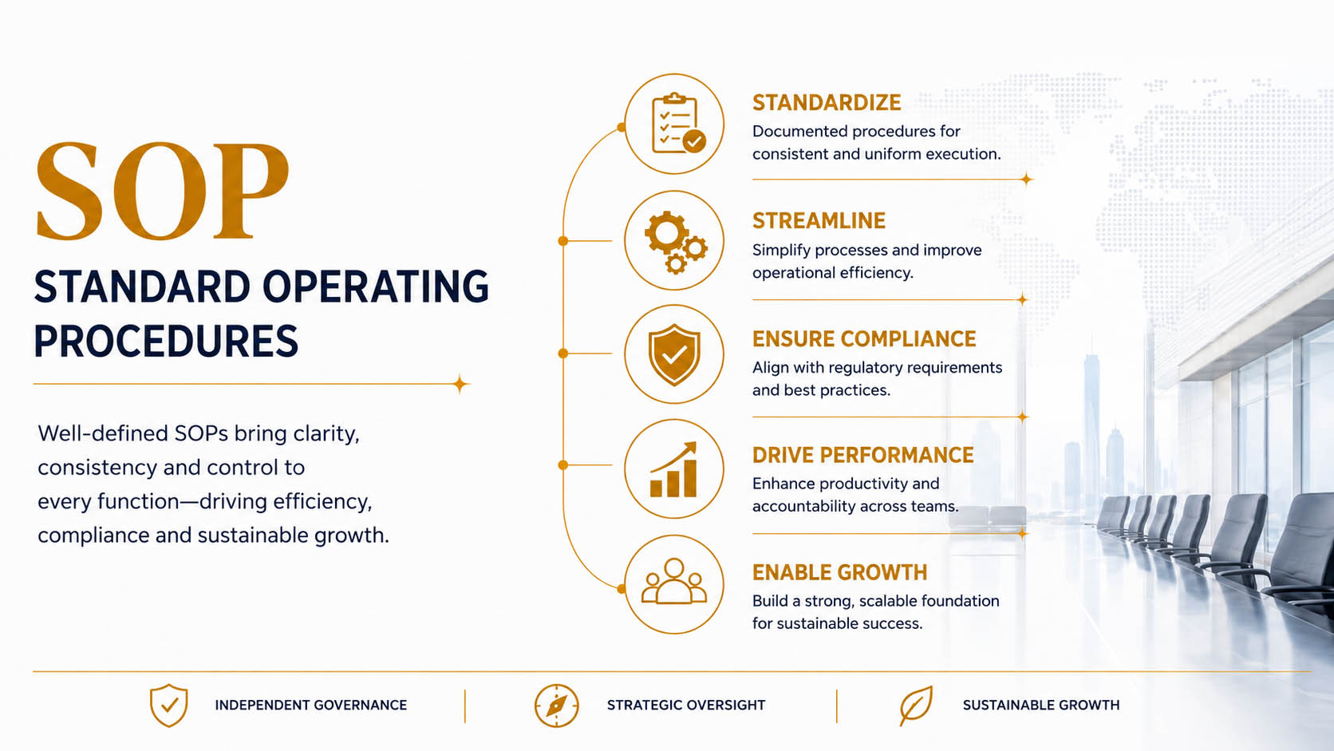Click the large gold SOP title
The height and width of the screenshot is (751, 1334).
pos(162,192)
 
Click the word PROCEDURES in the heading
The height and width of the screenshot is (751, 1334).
pos(166,342)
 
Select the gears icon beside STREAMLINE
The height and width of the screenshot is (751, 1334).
pos(675,242)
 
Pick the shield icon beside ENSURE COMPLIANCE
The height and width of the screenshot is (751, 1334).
pos(674,355)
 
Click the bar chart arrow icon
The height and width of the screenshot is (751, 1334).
pos(673,469)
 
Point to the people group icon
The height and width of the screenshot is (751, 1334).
pos(674,581)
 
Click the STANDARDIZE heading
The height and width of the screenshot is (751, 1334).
pos(827,102)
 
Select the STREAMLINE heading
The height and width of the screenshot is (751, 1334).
pos(819,220)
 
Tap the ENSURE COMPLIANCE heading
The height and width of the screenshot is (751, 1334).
pos(864,339)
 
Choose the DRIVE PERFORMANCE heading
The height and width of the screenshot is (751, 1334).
pos(863,455)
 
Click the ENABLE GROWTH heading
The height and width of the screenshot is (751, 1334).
pos(839,572)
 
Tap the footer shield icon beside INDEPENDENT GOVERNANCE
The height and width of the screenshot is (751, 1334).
pos(169,706)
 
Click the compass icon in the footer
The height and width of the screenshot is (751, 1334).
pos(556,706)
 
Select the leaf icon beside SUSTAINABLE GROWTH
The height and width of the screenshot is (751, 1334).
pos(916,706)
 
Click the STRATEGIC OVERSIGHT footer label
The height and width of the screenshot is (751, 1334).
pos(686,706)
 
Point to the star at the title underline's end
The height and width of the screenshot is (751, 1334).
pos(460,384)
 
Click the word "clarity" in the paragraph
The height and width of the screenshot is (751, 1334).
pos(326,433)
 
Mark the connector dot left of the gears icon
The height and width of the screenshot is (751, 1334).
pos(562,240)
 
